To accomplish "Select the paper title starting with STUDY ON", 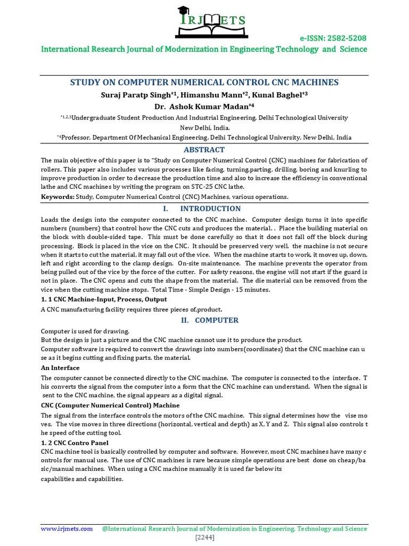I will tap(204, 82).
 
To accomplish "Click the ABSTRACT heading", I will tap(204, 150).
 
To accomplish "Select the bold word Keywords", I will tap(58, 197).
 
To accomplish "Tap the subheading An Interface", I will tap(60, 368).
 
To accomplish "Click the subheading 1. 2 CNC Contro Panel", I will tap(75, 443).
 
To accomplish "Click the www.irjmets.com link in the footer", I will tap(67, 529).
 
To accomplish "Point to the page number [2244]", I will tap(204, 537).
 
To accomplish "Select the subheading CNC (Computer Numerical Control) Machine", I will tap(110, 405).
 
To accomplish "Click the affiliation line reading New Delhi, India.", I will tap(204, 127).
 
